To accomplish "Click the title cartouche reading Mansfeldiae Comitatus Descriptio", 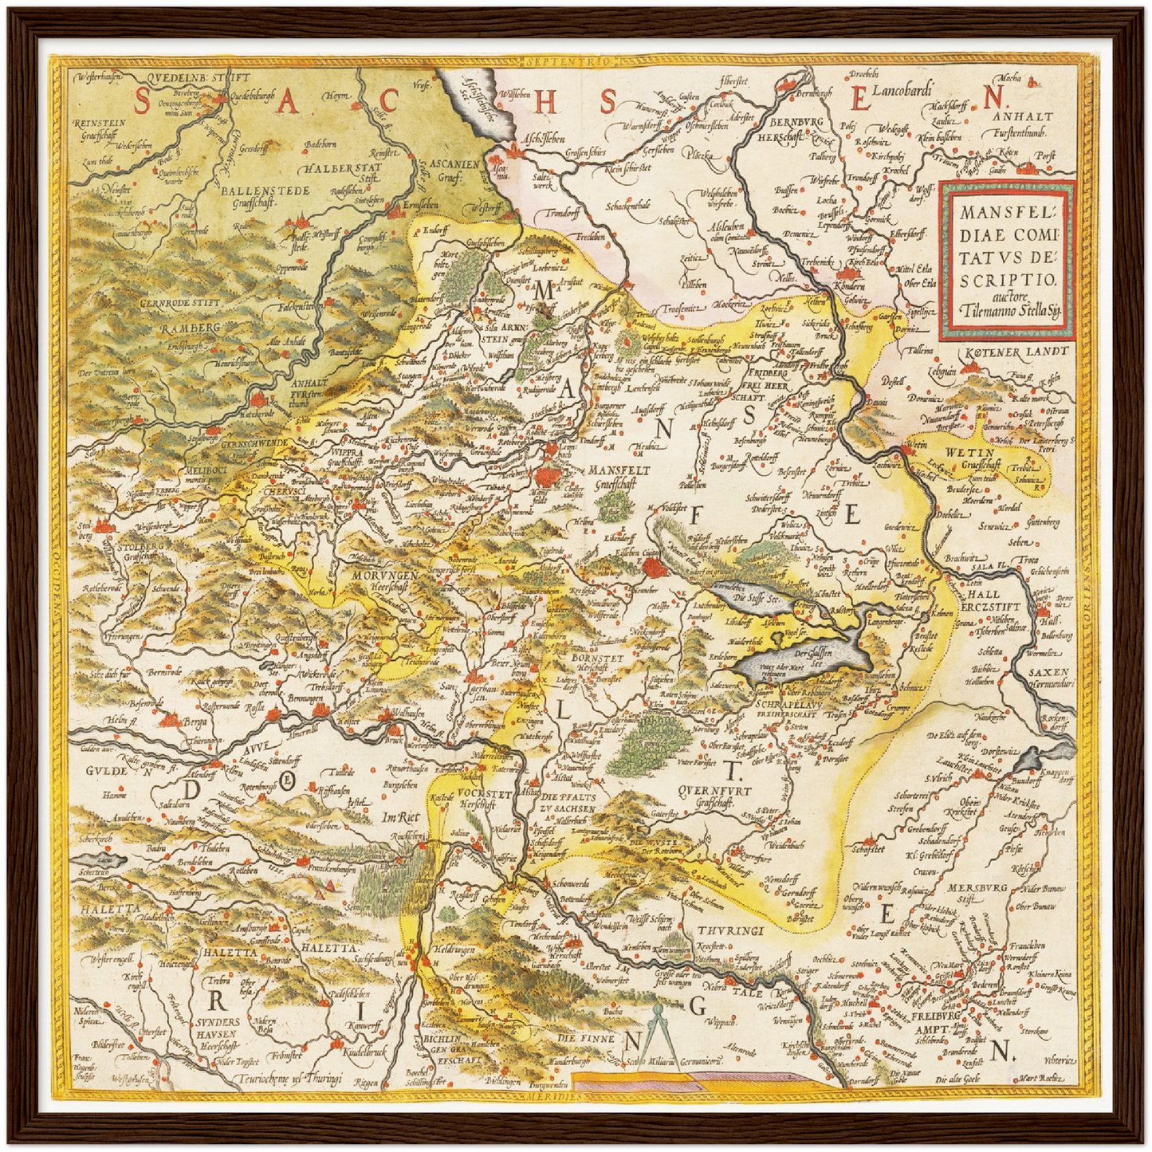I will tap(1008, 260).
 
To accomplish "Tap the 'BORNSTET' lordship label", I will tap(596, 659).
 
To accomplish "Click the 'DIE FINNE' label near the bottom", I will tap(586, 1038).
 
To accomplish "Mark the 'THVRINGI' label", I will tap(730, 930).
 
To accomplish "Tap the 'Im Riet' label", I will tap(400, 817).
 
